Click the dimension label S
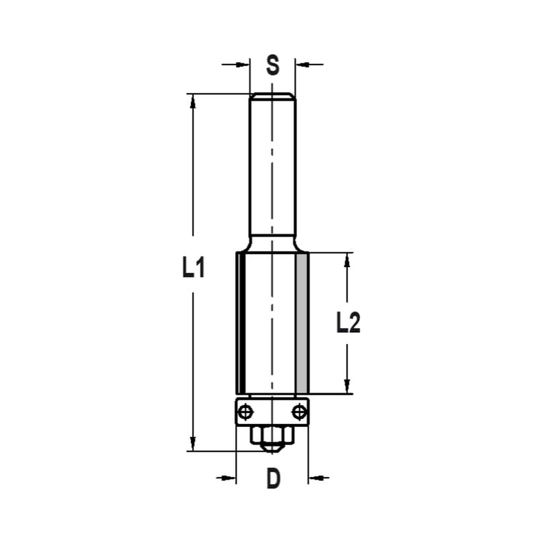(x=273, y=65)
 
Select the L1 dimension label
(x=193, y=269)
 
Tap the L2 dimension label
(x=348, y=324)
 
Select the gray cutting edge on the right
(x=302, y=323)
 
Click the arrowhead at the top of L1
(x=192, y=100)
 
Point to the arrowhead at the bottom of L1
(x=192, y=444)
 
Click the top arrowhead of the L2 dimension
(x=348, y=260)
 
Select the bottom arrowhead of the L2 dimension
(x=348, y=387)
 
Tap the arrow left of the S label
(x=242, y=65)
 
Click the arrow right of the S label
(x=303, y=65)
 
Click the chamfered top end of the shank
(x=273, y=97)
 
